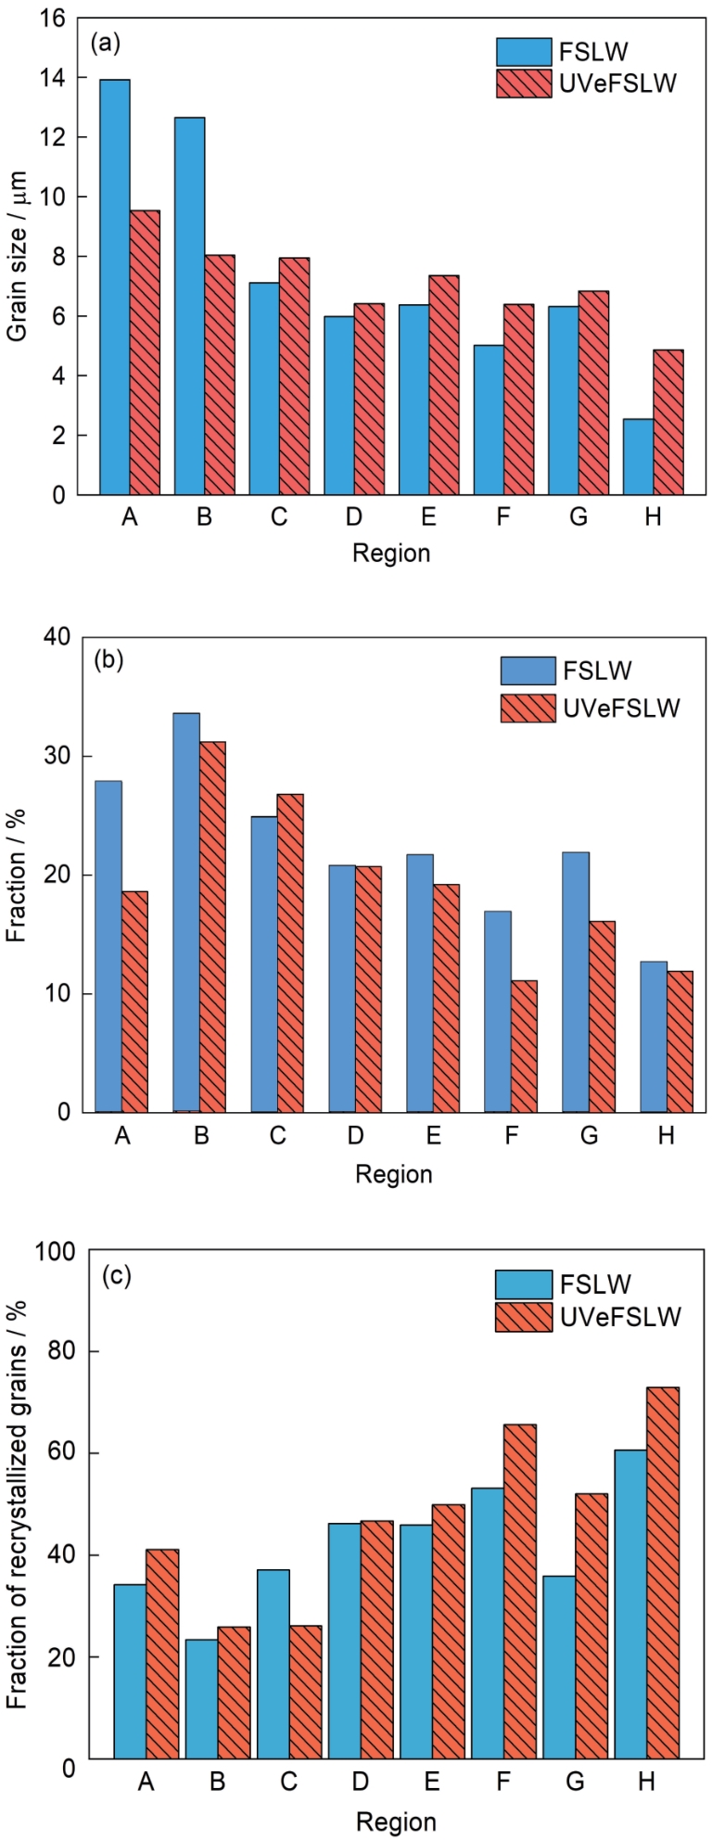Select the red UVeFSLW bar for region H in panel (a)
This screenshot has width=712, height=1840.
click(x=667, y=422)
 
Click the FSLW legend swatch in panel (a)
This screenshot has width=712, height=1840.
click(x=524, y=52)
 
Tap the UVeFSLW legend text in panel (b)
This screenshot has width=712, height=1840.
click(x=621, y=709)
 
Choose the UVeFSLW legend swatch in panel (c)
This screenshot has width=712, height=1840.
click(x=524, y=1317)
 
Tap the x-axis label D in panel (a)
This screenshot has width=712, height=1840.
click(x=353, y=517)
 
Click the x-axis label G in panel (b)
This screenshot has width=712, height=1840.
click(x=589, y=1136)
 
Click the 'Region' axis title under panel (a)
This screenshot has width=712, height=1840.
click(x=391, y=554)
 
